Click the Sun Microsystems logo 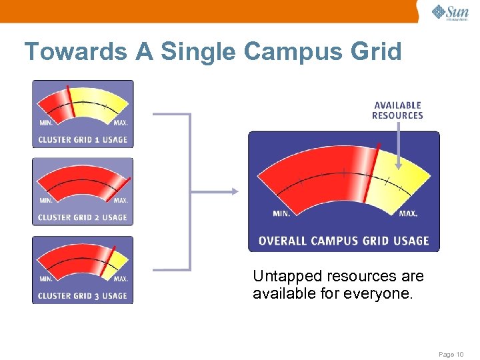point(450,13)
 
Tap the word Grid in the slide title point(375,51)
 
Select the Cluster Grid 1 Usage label point(83,139)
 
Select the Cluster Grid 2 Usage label point(83,217)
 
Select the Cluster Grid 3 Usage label point(83,295)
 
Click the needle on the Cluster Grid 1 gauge point(70,103)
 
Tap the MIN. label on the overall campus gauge point(281,214)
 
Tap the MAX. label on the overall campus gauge point(408,214)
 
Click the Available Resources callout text point(397,110)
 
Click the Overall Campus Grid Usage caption point(343,241)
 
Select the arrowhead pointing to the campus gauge point(234,192)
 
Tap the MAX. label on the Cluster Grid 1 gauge point(121,123)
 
